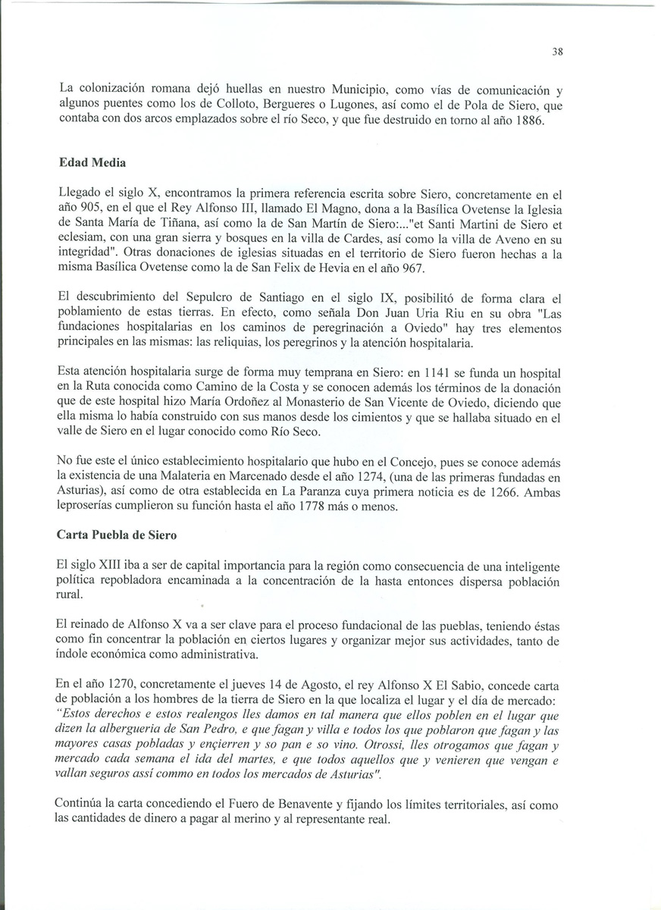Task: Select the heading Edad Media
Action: (89, 162)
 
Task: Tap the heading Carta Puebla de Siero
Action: (117, 535)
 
